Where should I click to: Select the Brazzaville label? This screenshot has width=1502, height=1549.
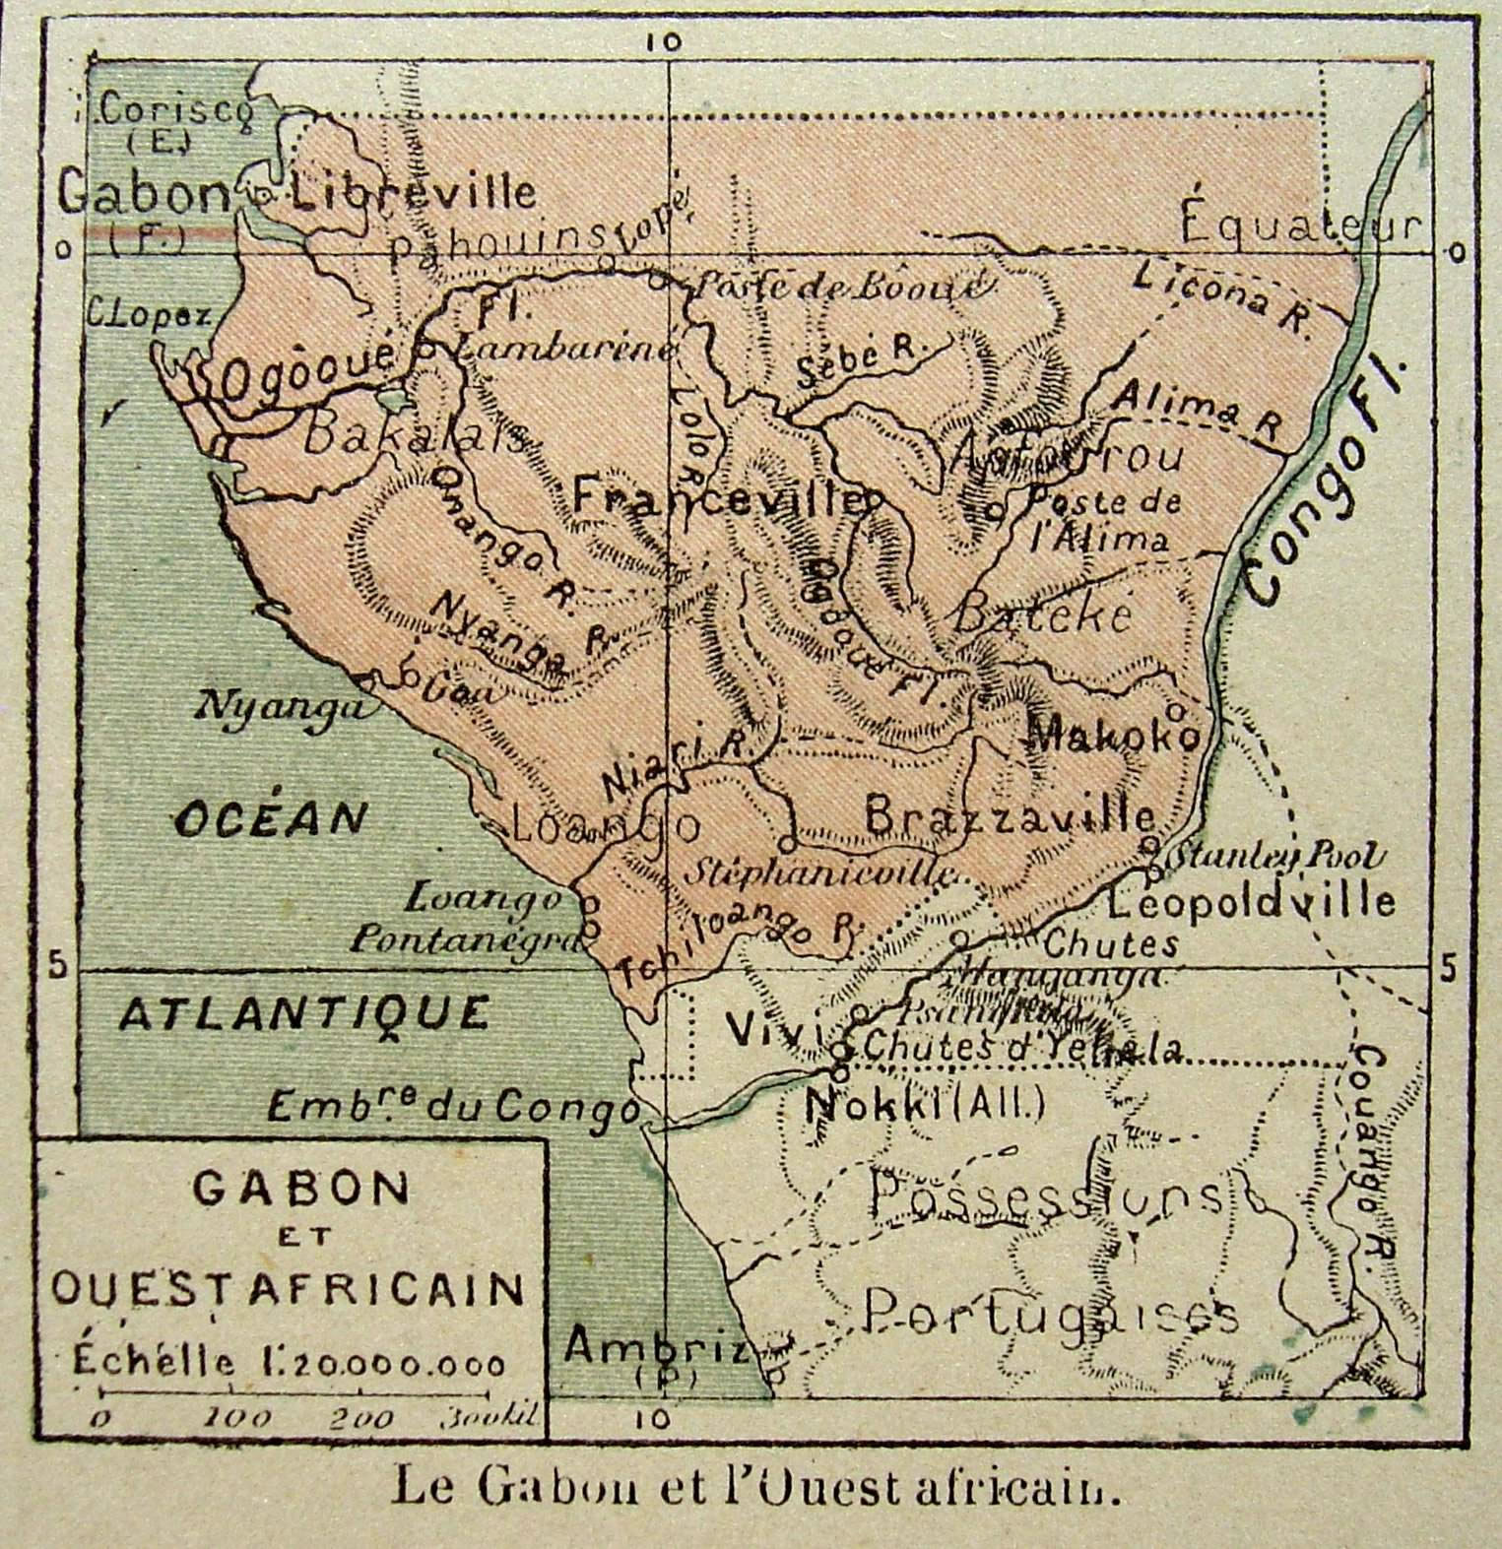coord(1010,815)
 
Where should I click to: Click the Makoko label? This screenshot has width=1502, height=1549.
coord(1113,734)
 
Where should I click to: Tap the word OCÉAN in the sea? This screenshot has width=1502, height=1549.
coord(271,817)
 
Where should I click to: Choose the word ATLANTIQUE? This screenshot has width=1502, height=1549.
coord(303,1011)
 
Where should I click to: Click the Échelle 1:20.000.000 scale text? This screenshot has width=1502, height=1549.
coord(290,1364)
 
